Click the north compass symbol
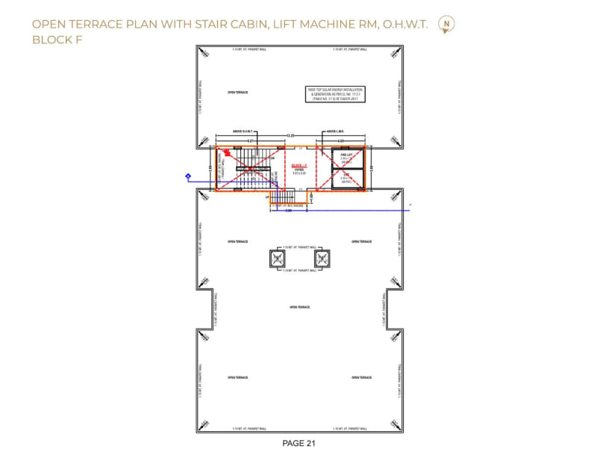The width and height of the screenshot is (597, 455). (446, 24)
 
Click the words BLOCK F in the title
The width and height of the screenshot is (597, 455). (57, 40)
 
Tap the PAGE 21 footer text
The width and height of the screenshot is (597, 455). (299, 443)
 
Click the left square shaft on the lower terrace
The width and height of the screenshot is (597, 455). (278, 259)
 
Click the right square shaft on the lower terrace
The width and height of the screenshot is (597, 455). (322, 259)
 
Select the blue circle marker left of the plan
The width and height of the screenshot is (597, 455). (188, 176)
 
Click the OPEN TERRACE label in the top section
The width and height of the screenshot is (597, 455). (237, 92)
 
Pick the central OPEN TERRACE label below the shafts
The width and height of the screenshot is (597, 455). (300, 307)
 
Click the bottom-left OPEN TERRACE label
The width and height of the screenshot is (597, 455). (237, 377)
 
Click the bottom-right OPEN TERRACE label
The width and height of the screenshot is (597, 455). (361, 377)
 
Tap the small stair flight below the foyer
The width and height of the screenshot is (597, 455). (283, 196)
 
